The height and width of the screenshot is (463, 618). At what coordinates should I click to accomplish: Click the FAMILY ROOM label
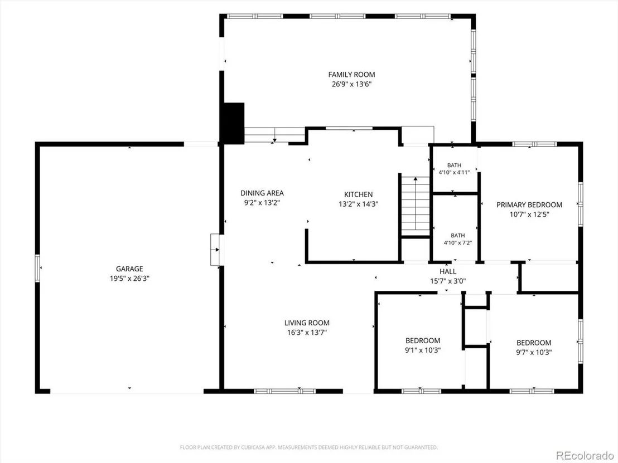(351, 75)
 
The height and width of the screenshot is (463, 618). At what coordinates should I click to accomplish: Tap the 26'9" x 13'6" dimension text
(351, 84)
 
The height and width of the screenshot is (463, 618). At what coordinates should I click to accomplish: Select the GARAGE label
(129, 269)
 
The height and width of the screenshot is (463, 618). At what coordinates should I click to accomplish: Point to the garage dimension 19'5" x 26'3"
(129, 279)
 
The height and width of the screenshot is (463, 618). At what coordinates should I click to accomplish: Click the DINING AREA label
(262, 193)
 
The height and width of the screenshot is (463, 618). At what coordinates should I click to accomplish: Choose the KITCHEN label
(358, 194)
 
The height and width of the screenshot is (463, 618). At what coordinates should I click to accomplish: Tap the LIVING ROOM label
(307, 323)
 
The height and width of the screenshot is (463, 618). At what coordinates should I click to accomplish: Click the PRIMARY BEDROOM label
(529, 204)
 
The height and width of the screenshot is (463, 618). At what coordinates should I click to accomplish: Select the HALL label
(448, 272)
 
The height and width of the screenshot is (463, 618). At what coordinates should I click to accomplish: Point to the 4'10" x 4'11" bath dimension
(454, 173)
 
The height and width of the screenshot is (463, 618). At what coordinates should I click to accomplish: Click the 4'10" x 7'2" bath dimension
(457, 243)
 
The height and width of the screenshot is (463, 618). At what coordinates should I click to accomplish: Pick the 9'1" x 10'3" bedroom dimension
(423, 350)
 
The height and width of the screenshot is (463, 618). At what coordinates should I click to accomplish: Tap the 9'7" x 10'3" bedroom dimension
(534, 352)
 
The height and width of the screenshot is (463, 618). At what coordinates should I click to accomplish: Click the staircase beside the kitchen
(415, 206)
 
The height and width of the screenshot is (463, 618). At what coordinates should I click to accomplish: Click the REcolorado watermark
(585, 456)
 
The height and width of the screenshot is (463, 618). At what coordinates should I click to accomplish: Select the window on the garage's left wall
(37, 268)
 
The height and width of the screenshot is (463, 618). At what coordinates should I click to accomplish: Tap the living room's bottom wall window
(285, 391)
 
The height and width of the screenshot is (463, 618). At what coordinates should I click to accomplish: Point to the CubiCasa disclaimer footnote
(308, 447)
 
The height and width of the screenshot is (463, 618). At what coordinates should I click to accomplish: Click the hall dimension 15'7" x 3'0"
(448, 281)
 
